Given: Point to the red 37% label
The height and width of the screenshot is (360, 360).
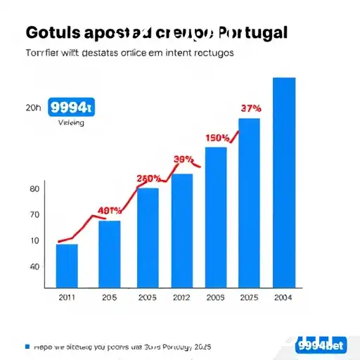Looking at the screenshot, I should tap(251, 109).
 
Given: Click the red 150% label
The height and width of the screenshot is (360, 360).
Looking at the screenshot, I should tap(217, 138).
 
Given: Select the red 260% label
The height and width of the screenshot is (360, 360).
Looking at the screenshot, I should tap(149, 178).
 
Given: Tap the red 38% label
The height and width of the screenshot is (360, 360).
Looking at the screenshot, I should tap(183, 159).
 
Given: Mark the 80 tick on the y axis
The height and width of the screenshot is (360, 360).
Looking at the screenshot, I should tap(34, 189).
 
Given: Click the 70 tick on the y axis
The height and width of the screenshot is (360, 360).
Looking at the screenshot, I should tap(34, 215).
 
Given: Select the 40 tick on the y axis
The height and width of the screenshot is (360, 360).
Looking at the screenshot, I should tap(34, 266).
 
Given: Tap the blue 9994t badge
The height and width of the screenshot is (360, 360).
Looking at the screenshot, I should tap(71, 108).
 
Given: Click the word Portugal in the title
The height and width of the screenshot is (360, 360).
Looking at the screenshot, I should tap(252, 33).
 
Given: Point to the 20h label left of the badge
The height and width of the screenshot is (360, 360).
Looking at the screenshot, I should tap(33, 108).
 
